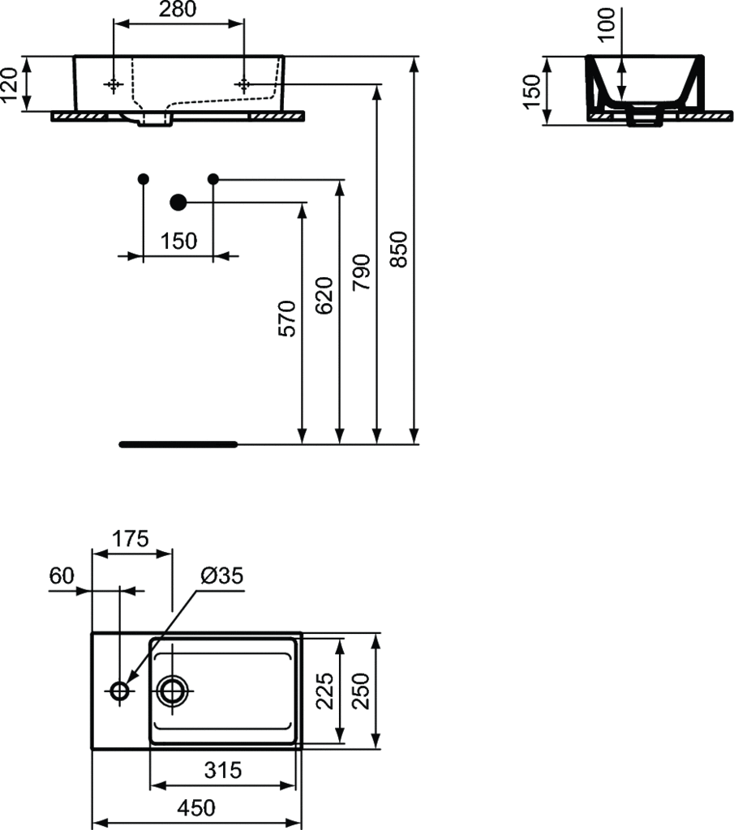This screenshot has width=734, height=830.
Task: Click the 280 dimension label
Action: tap(178, 9)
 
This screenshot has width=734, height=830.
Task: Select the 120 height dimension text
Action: tap(10, 84)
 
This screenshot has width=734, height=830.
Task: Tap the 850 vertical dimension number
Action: tap(399, 250)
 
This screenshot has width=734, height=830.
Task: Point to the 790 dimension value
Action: tap(361, 272)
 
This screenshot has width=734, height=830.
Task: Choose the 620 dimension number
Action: tap(324, 295)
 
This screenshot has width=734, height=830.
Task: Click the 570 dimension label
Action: tap(287, 319)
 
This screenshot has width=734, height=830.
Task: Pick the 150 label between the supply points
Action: tap(178, 242)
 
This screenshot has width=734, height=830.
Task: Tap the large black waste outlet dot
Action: tap(178, 202)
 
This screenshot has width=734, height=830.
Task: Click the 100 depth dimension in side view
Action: tap(606, 25)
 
